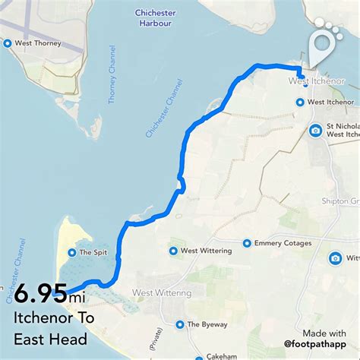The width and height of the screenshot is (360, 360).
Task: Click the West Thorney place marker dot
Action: pos(8,44)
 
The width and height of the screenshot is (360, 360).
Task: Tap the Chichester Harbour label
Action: pos(156,18)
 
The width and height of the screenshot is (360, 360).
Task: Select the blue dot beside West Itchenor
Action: pos(299,102)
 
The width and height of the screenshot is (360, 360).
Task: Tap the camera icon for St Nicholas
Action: pos(315,130)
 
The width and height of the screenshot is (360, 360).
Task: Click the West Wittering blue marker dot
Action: pos(172,251)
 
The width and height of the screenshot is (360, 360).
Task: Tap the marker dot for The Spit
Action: pos(71,253)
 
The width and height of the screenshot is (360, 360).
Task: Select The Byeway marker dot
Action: pos(179,324)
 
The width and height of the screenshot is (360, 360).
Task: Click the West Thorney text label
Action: pos(37,44)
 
